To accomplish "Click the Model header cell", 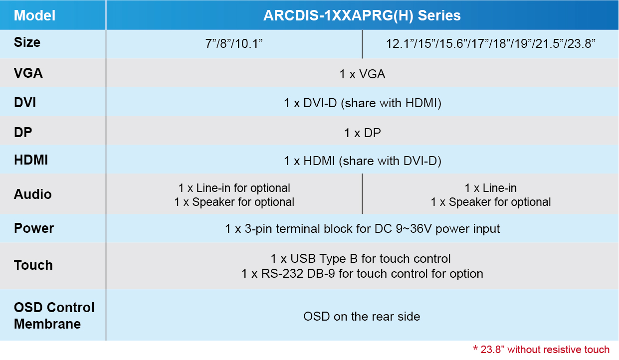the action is [34, 15].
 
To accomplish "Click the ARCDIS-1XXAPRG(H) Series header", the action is [362, 15].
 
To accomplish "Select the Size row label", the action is [27, 42].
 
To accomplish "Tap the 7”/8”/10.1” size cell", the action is [234, 44].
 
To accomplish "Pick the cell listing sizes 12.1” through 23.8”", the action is [490, 44].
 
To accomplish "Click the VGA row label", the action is [28, 73].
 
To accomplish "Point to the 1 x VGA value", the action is [362, 74].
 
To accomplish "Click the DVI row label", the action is [25, 103].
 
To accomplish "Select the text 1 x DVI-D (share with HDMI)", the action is [362, 103].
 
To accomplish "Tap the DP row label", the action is [23, 132].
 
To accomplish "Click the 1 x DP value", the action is [362, 133].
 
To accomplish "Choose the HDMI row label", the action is [31, 160].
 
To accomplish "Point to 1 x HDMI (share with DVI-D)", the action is [362, 161].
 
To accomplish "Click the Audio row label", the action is [32, 194].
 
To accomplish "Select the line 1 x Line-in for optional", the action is [234, 188].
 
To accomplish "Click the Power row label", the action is [34, 228].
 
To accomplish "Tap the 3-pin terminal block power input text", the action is [362, 229].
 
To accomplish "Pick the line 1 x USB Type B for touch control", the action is [360, 259].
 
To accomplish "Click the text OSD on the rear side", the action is [362, 316].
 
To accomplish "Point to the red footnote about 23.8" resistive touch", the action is [541, 350].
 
